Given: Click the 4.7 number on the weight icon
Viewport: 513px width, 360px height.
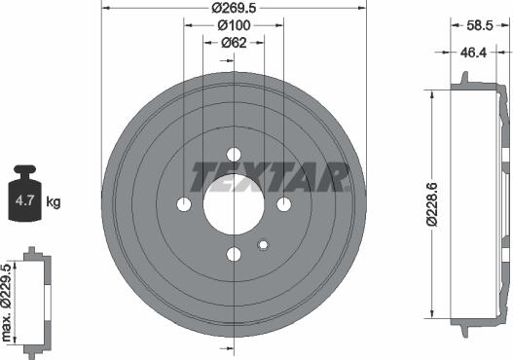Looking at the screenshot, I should pos(22,202).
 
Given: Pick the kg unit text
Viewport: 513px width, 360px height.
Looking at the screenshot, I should pos(54,202).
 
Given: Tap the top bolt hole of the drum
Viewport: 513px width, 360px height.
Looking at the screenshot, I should pos(234,154).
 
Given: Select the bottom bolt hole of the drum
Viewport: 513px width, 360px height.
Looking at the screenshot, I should pos(234,254).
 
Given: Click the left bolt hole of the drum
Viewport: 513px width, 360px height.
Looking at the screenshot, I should pos(184,204).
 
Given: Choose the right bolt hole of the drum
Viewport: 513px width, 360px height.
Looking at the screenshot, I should pos(283,204).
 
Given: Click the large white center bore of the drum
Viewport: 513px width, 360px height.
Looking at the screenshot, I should pos(234,204).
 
